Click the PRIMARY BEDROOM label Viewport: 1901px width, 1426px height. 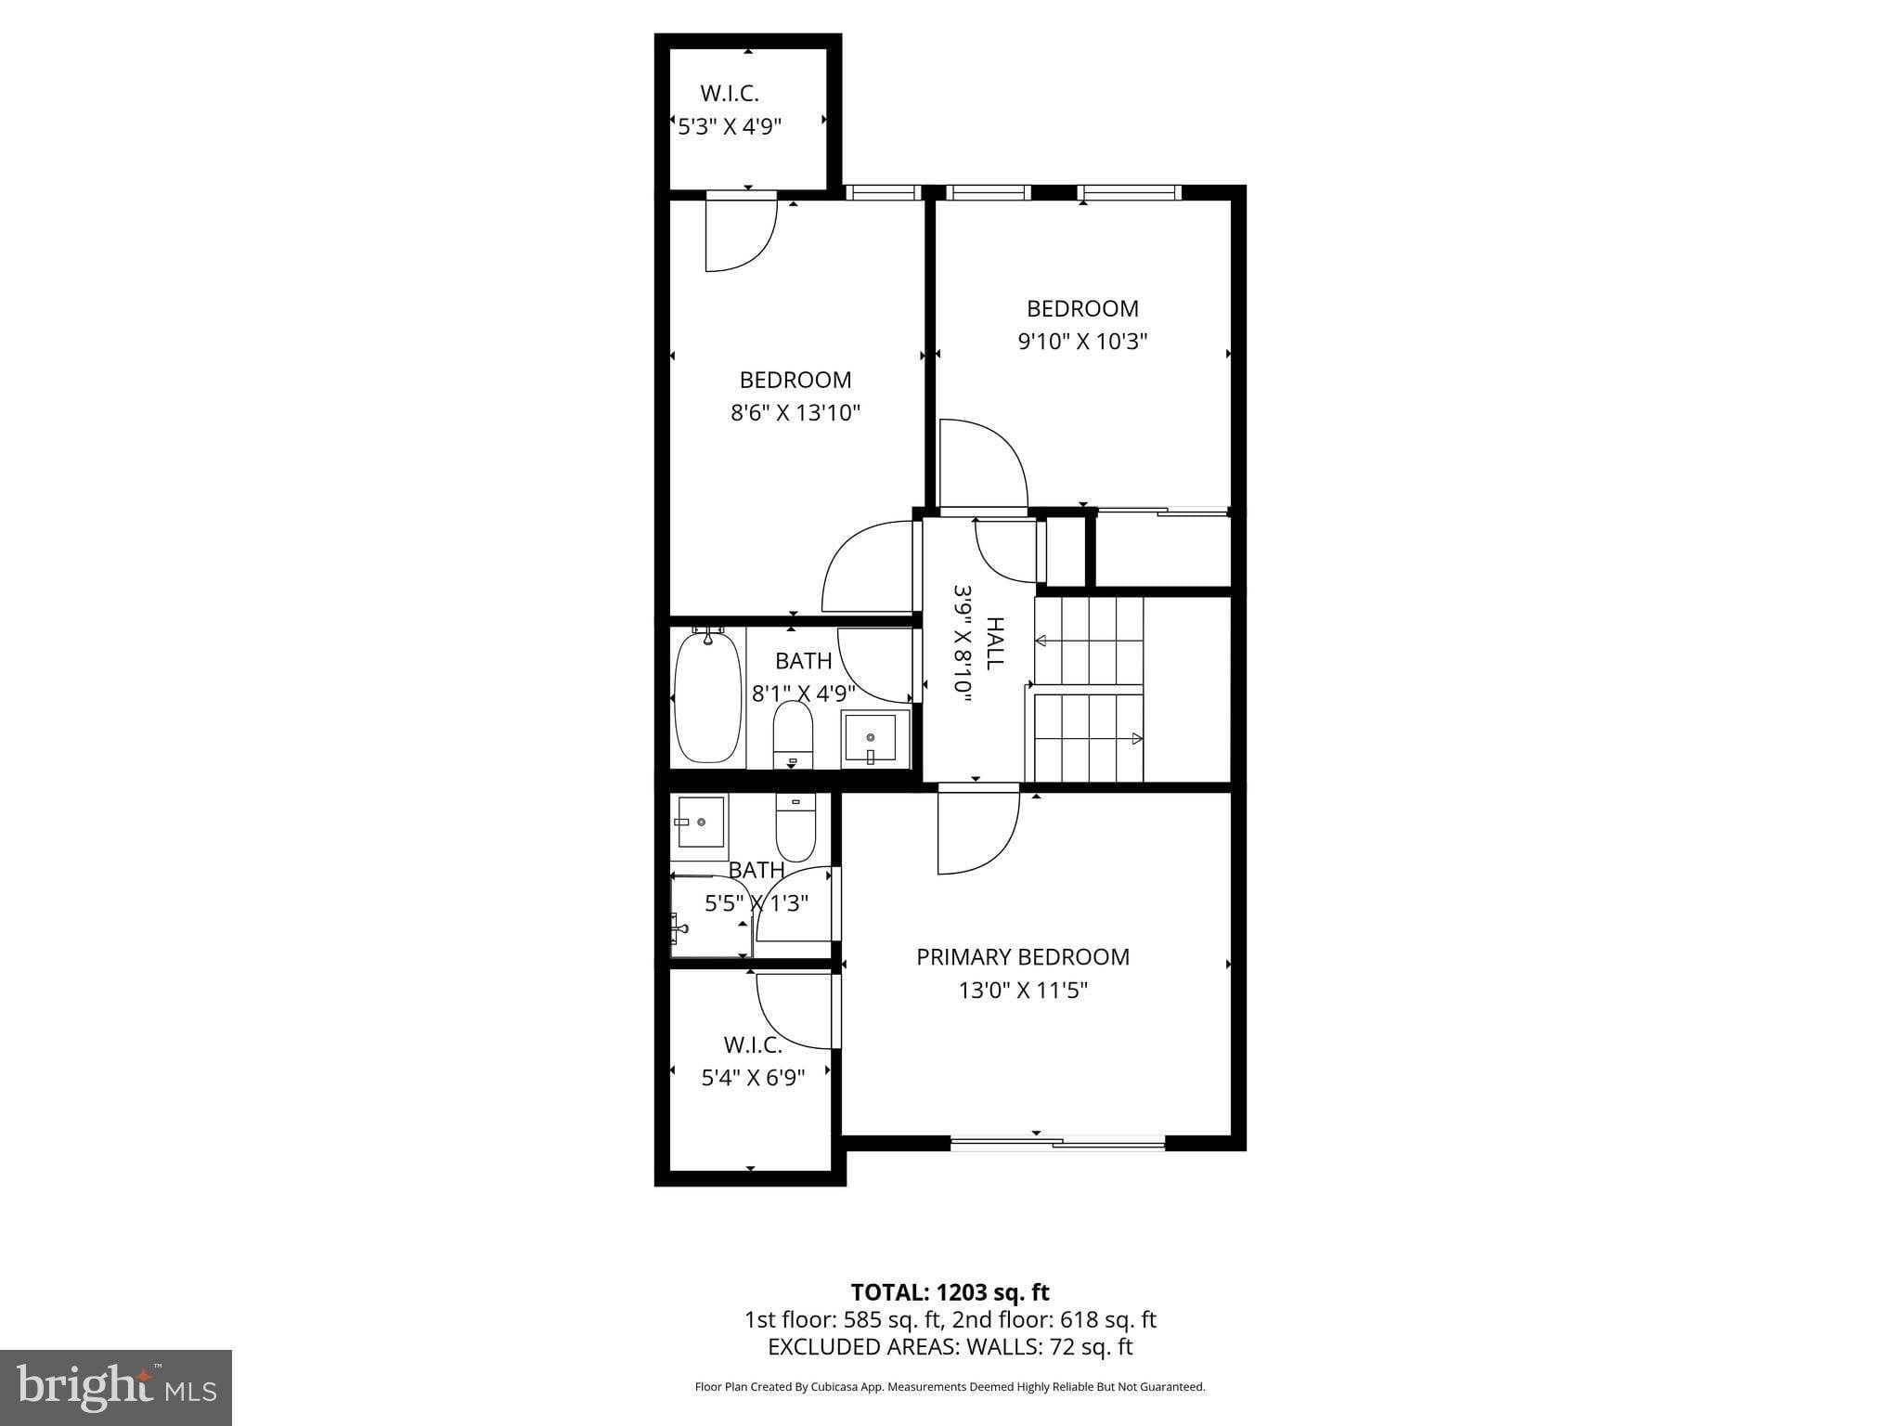click(1023, 957)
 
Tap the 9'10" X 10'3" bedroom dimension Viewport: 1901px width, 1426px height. click(1082, 342)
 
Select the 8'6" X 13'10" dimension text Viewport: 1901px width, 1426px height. click(795, 413)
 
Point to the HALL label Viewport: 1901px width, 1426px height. click(994, 643)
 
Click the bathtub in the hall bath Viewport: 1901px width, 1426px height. click(708, 696)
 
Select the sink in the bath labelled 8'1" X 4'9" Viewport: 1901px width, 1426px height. click(875, 739)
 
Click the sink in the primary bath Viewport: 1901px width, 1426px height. click(702, 821)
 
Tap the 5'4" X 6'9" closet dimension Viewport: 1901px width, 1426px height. click(753, 1078)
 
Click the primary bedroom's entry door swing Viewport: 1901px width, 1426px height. click(978, 831)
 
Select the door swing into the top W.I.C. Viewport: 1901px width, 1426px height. click(741, 231)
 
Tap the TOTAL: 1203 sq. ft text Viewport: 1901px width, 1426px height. click(950, 1292)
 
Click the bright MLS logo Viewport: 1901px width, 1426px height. click(116, 1387)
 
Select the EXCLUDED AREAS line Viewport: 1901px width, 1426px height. click(950, 1347)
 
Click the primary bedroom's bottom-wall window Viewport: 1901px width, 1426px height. click(1058, 1144)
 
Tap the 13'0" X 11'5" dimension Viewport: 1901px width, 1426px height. click(1023, 991)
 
